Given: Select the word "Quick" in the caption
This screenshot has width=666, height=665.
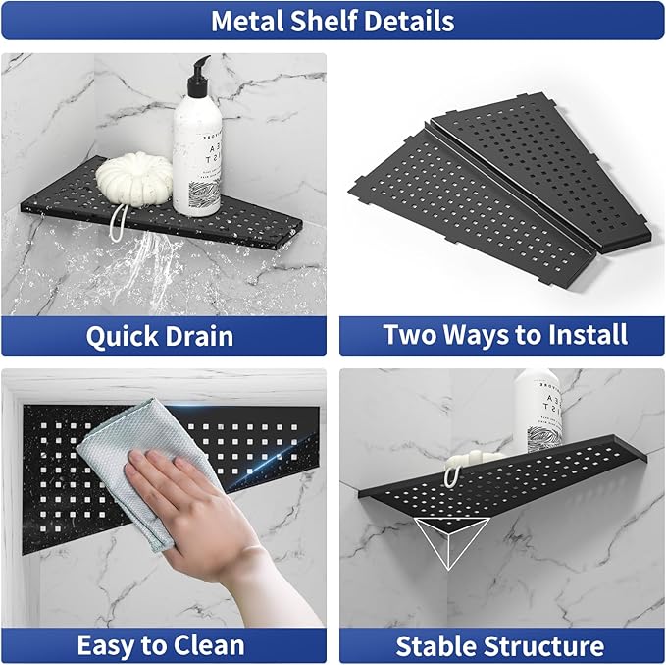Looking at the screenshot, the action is coord(122,337).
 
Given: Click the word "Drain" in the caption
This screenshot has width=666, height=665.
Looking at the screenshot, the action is coord(199,336).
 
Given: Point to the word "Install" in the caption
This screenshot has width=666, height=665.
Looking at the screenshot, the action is coord(588,334).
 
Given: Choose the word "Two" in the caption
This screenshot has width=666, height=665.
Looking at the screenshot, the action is coord(410,334).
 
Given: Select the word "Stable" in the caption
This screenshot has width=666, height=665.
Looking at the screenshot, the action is coord(435,646).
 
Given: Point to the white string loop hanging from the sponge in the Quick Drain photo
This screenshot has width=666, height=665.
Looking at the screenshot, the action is coord(118,222).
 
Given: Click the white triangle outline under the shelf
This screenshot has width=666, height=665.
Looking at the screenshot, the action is coord(450,541).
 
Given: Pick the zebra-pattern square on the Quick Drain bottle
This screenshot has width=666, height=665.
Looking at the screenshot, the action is coord(204,194).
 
